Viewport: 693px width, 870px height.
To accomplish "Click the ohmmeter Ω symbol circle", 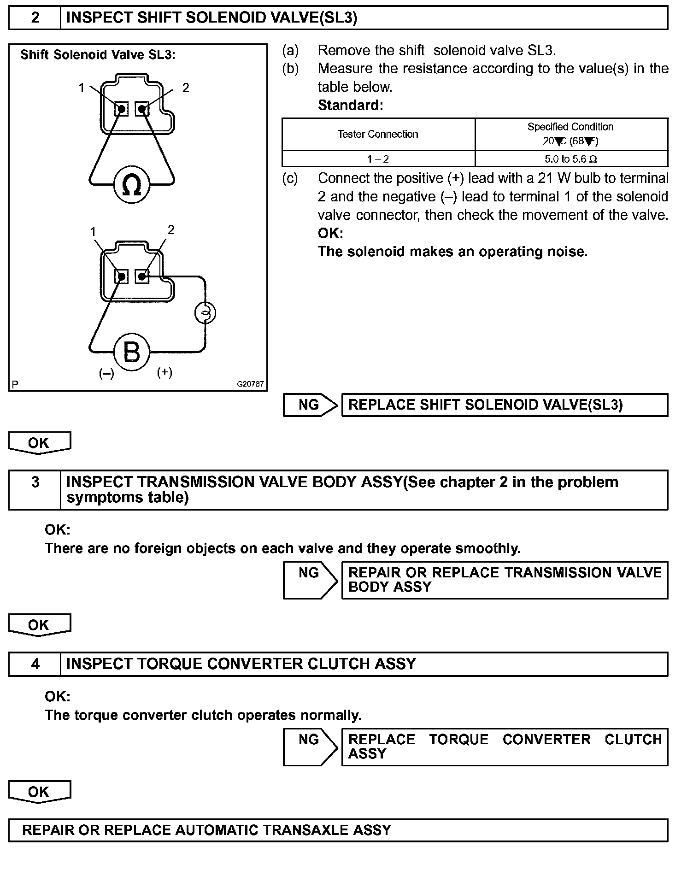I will coord(132,185).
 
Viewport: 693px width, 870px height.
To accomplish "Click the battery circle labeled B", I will coord(132,353).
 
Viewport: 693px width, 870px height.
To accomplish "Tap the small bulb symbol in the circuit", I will coord(205,313).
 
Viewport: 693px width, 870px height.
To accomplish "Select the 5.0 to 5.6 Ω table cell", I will coord(571,159).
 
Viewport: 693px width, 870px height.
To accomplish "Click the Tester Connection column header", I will coord(378,134).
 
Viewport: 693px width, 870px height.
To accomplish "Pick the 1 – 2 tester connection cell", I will coord(378,159).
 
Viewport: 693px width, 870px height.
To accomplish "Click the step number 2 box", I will coord(35,18).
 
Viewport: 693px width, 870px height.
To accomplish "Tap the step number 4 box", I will coord(35,664).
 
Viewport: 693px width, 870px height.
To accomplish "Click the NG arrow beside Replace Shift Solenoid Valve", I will coord(310,405).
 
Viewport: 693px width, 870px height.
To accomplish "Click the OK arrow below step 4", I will coord(40,792).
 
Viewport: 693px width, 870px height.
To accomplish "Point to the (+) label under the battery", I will coord(164,372).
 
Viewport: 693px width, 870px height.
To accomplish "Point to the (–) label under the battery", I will coord(106,373).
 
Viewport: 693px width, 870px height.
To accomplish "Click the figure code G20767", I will coord(251,384).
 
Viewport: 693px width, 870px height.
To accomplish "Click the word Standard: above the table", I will coord(351,106).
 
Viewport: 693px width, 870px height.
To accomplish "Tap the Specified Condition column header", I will coord(570,134).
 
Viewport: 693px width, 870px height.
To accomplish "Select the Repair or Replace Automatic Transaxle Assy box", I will coord(338,830).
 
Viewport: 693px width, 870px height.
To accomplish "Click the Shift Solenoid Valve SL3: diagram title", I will coord(98,55).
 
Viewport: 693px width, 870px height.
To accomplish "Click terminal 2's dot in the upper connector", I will coord(142,109).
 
